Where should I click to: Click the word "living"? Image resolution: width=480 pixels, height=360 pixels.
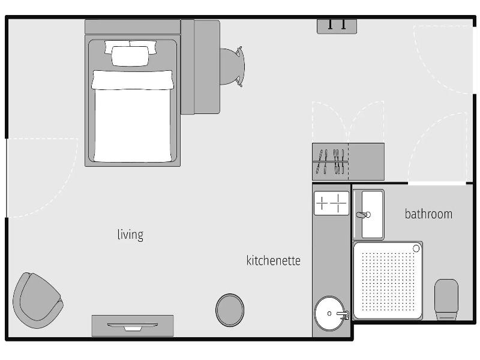point(130,235)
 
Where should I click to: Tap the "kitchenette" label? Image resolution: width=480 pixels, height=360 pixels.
point(274,260)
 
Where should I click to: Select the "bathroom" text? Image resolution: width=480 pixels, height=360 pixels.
point(428,214)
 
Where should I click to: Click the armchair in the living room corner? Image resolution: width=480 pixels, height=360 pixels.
point(38,300)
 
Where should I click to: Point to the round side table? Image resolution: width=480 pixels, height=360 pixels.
point(230,310)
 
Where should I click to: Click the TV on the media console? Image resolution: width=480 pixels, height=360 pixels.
point(133,326)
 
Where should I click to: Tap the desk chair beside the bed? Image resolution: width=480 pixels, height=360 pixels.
point(233,67)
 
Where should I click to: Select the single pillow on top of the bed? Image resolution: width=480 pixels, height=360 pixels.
point(130,56)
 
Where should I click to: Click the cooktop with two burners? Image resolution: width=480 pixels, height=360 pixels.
point(332,203)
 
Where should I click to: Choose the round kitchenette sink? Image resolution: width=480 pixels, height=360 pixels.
point(329,313)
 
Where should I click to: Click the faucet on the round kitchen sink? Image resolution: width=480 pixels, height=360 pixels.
point(343,314)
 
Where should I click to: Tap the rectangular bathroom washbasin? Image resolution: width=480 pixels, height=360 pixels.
point(368,214)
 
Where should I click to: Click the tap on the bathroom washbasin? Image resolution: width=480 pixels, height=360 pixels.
point(364,215)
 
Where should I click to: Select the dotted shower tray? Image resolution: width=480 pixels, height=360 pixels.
point(388,281)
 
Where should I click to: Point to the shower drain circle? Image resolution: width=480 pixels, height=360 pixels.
point(416,248)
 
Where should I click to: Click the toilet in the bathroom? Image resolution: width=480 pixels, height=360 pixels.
point(446,299)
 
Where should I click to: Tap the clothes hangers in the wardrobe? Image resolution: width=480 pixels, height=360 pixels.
point(331,161)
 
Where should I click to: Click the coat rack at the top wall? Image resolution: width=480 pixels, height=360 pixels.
point(337,26)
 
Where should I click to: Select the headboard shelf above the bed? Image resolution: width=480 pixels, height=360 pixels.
point(133,27)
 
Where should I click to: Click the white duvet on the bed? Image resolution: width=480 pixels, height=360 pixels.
point(133,116)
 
